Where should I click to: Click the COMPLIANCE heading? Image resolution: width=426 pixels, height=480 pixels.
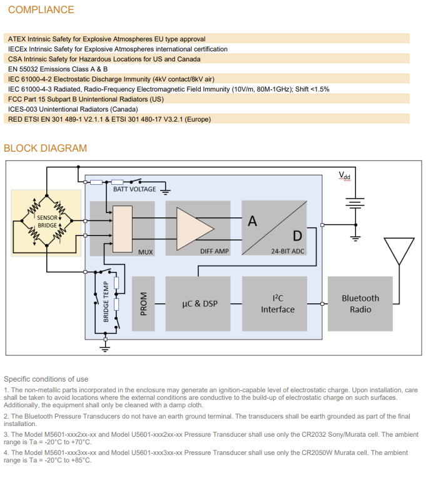[41, 10]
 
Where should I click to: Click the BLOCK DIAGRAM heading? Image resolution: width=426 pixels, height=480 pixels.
[45, 149]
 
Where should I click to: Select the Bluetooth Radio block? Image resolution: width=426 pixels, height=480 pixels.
[360, 304]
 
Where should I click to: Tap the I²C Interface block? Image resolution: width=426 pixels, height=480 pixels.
[277, 304]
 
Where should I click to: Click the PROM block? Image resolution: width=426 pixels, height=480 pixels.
[143, 304]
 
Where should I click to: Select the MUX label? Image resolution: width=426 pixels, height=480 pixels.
[145, 252]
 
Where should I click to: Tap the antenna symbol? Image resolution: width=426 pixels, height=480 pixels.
[398, 249]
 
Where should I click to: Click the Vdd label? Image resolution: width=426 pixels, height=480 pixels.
[345, 175]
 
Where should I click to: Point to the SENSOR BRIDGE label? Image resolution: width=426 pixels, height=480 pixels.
[47, 221]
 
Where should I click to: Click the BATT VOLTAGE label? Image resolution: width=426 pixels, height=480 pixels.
[134, 189]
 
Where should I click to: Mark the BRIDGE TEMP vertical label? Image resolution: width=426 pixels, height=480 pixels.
[106, 301]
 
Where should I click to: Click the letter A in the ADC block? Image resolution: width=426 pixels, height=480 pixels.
[253, 221]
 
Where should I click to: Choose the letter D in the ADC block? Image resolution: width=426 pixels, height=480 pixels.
[297, 236]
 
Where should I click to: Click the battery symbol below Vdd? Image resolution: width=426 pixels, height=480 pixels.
[355, 202]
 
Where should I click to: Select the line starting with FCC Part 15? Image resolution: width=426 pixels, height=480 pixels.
[86, 99]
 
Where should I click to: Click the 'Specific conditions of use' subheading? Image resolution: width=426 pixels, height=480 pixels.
[46, 379]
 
